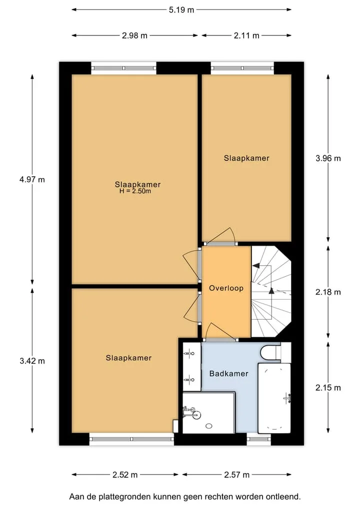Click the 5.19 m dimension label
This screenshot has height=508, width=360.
pyautogui.click(x=181, y=10)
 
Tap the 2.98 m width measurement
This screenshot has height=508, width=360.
pyautogui.click(x=134, y=35)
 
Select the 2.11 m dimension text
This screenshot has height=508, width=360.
pyautogui.click(x=246, y=35)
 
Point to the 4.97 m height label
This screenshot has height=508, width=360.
pyautogui.click(x=32, y=179)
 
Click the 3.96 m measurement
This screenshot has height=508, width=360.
pyautogui.click(x=328, y=158)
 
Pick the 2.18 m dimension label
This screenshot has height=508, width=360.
pyautogui.click(x=328, y=292)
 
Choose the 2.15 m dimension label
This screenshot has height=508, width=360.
pyautogui.click(x=328, y=388)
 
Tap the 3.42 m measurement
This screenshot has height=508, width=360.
pyautogui.click(x=32, y=361)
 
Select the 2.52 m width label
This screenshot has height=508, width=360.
pyautogui.click(x=125, y=475)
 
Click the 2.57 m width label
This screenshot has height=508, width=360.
pyautogui.click(x=237, y=475)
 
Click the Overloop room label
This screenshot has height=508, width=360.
pyautogui.click(x=226, y=288)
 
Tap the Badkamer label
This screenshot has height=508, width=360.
pyautogui.click(x=228, y=374)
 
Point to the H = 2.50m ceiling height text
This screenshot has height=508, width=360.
pyautogui.click(x=135, y=191)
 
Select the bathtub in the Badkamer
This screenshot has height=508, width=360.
pyautogui.click(x=274, y=398)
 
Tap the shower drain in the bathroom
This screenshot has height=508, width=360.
pyautogui.click(x=209, y=426)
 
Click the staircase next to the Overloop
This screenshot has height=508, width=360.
pyautogui.click(x=271, y=292)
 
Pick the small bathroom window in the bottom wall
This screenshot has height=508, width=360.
pyautogui.click(x=259, y=439)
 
